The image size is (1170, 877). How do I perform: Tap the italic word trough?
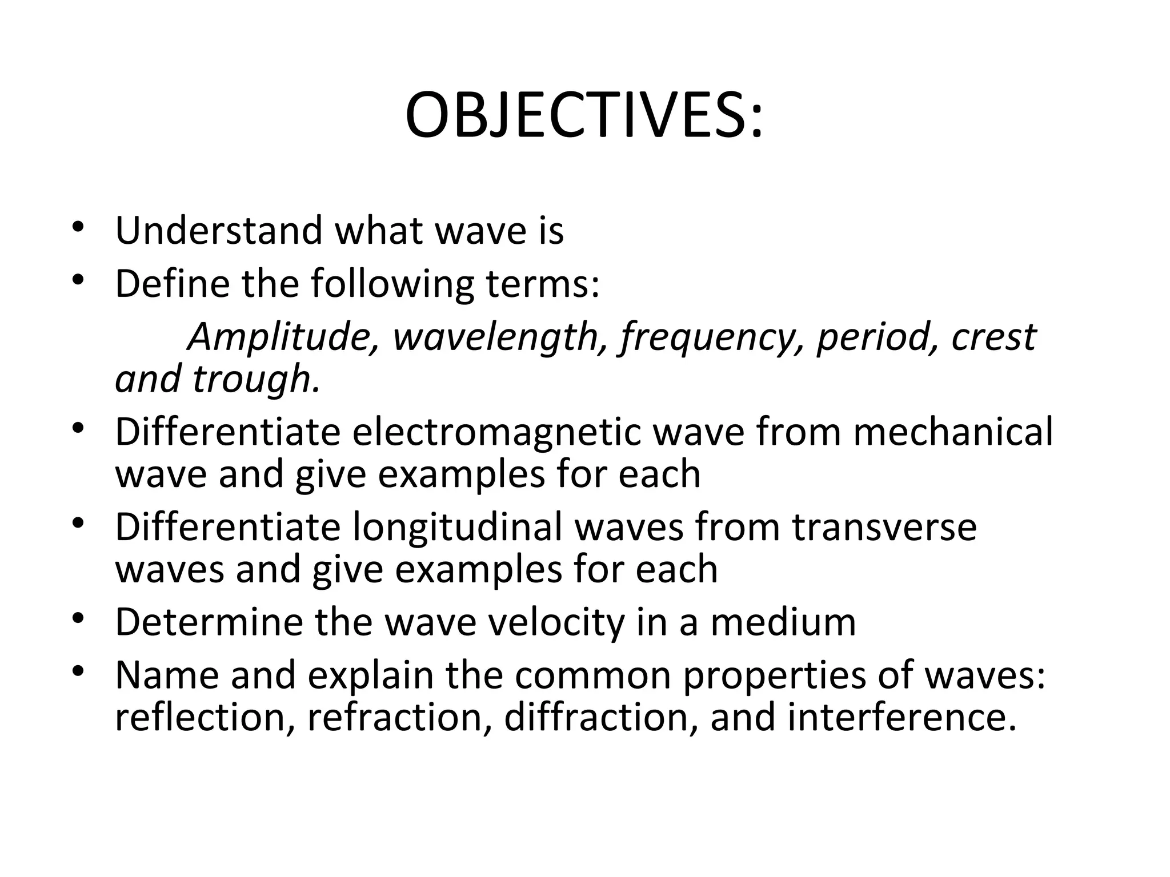click(255, 379)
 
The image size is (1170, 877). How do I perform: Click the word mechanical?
click(953, 432)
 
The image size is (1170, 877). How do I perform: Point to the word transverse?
click(884, 527)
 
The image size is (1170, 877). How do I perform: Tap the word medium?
click(783, 622)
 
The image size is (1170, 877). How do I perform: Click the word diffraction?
click(600, 718)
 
